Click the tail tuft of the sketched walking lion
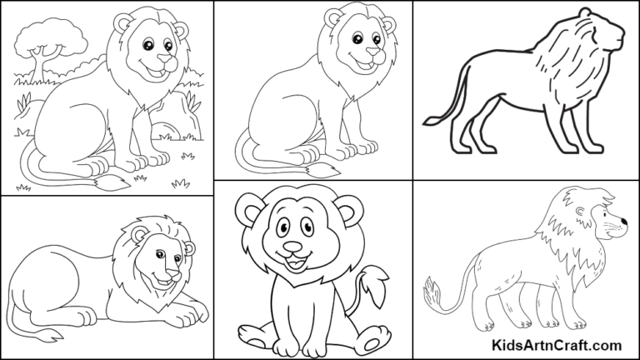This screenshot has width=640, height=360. (433, 292)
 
